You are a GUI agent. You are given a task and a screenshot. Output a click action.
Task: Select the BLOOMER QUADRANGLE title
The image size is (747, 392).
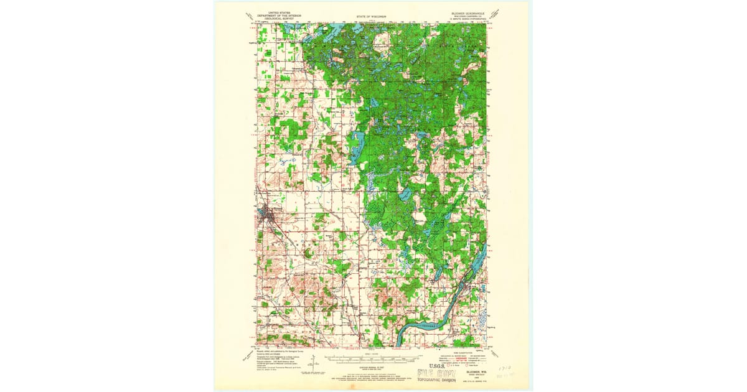point(469,12)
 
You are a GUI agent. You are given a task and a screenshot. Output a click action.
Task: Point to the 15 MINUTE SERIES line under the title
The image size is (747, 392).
point(469,19)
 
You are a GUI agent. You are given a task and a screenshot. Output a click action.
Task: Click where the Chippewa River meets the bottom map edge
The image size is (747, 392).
point(398,345)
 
